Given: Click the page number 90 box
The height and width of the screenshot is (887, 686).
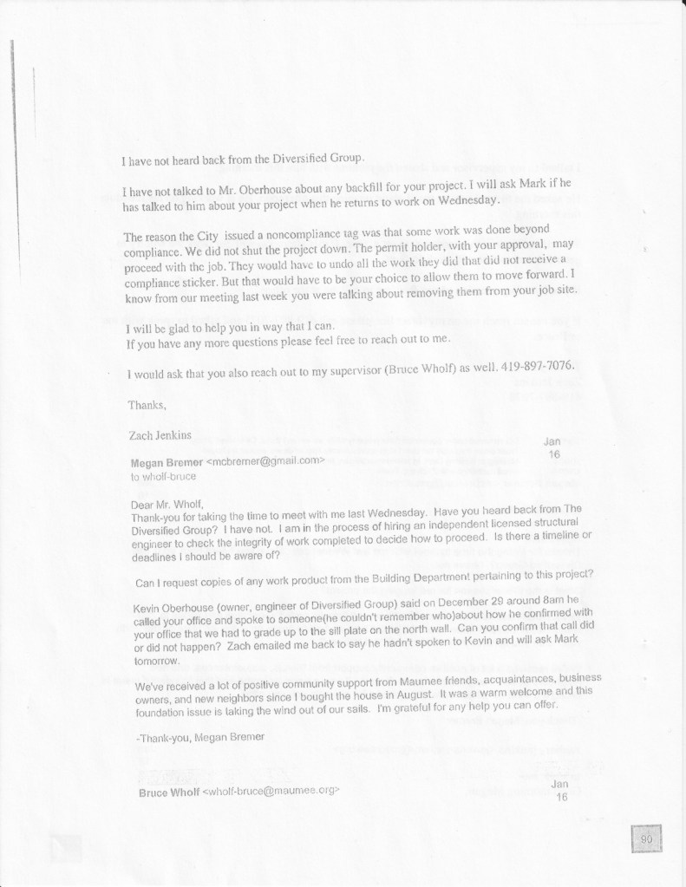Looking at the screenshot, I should coord(646,839).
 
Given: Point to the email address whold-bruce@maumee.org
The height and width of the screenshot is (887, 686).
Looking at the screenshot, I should coord(271,792).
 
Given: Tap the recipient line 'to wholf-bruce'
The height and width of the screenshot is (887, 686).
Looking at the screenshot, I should coord(164,476).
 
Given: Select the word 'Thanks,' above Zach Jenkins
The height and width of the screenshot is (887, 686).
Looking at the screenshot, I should coord(145,405).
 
